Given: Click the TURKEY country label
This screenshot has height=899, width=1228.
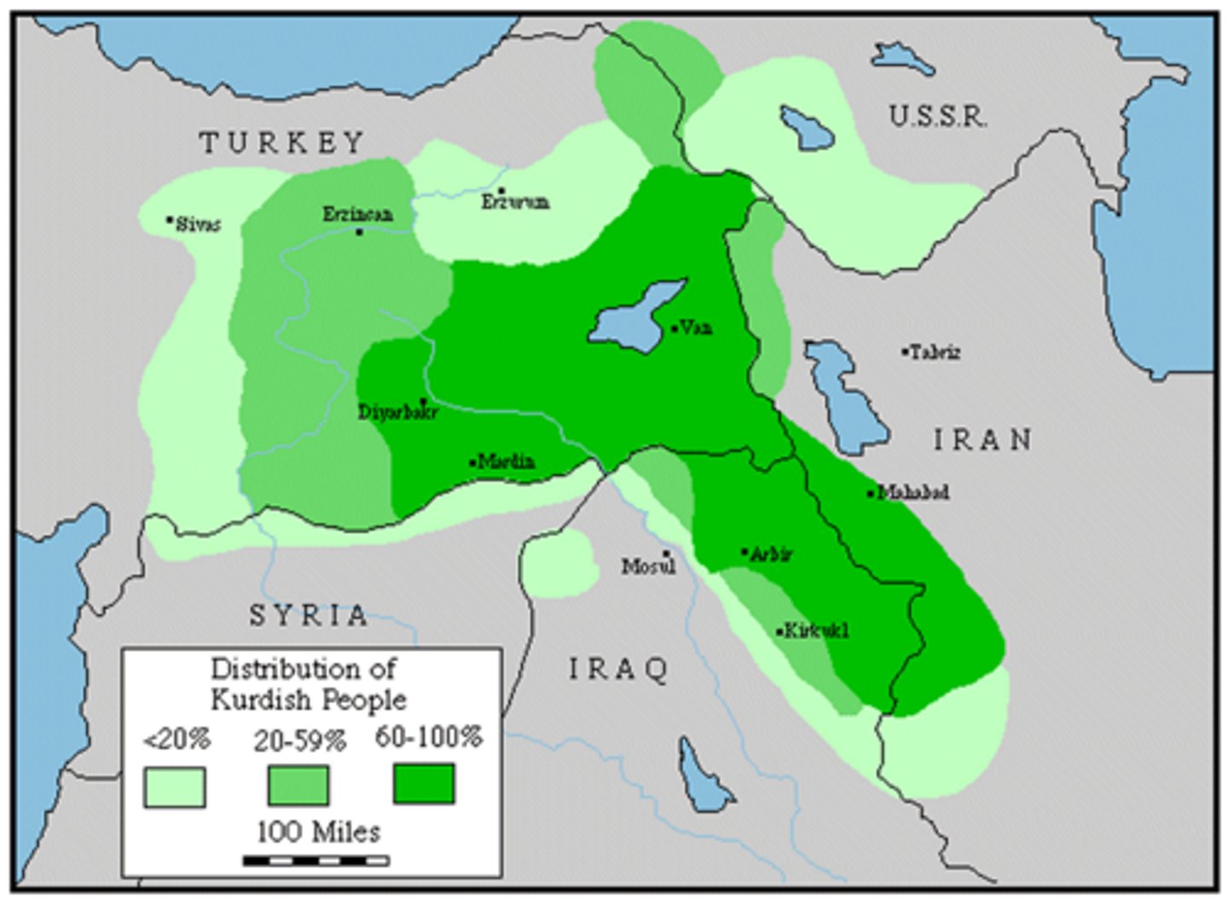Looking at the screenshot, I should point(282,142).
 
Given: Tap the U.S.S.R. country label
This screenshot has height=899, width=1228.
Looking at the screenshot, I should point(938,116).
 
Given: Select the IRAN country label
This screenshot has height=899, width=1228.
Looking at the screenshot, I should point(982,440).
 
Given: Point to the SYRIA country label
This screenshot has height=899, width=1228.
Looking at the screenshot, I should point(309,615).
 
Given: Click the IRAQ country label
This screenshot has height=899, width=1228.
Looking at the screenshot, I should point(619,670).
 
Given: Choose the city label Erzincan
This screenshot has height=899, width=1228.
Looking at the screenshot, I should point(357,214).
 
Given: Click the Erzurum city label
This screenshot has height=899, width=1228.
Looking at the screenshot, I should point(515,202).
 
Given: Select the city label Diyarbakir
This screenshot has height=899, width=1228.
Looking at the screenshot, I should point(397,412).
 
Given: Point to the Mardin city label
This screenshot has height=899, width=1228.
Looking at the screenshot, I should point(506,462).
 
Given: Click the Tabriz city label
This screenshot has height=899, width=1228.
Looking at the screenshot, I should point(935,352).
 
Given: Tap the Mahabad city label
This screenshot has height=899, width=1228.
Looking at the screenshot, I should point(912,492).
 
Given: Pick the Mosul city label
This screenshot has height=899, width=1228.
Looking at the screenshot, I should point(648,565).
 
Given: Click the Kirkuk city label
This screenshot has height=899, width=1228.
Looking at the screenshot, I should point(815,631).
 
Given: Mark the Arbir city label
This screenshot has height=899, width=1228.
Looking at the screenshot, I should point(770,554).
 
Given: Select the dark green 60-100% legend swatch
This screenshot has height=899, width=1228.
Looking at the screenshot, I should point(424,784).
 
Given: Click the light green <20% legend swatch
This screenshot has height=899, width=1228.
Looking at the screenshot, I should point(175,786).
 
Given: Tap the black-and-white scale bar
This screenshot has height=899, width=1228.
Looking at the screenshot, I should point(316,861).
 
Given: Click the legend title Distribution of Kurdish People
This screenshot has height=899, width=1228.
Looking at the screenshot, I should point(307,684).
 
